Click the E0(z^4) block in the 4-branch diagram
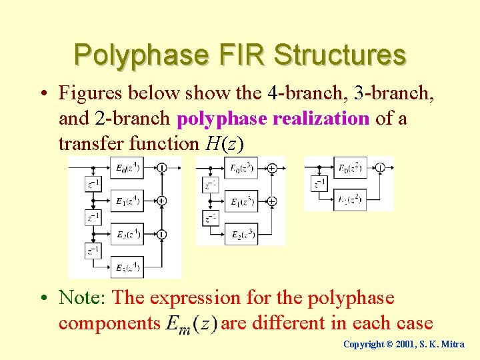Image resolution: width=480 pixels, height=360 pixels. [127, 169]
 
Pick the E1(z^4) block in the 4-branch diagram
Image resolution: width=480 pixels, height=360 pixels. [127, 201]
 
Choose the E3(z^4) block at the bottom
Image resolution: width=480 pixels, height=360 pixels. [127, 267]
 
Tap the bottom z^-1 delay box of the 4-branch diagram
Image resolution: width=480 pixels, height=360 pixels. [94, 251]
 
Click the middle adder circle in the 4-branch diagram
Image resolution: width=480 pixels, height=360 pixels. [162, 200]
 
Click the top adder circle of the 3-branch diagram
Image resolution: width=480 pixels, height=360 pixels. [272, 169]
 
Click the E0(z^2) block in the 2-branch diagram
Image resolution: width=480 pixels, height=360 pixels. [351, 168]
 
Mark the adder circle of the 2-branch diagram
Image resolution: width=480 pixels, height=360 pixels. [380, 168]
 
